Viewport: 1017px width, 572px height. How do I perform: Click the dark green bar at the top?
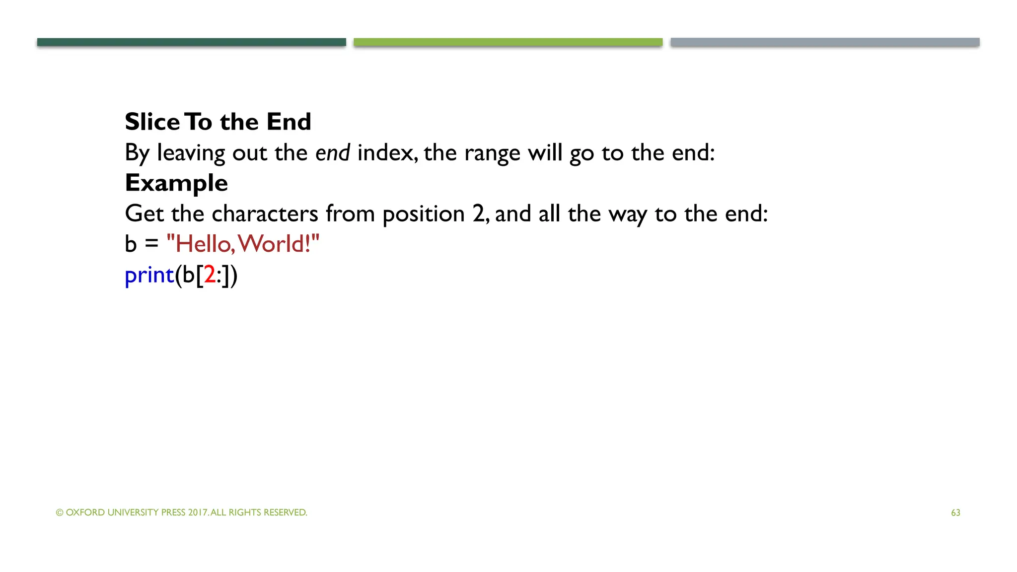tap(191, 42)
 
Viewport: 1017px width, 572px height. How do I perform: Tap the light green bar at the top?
tap(508, 42)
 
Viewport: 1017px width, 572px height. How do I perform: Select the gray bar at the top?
tap(825, 42)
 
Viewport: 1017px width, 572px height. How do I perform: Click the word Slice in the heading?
tap(152, 122)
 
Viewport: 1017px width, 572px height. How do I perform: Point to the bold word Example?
tap(176, 183)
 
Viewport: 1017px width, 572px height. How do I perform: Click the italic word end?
tap(332, 152)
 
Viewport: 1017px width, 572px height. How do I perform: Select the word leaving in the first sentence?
tap(191, 153)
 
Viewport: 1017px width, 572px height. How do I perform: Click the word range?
tap(492, 153)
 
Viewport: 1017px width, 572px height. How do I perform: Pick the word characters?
tap(265, 214)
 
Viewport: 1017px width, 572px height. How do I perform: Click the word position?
tap(424, 214)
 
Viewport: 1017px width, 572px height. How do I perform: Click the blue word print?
tap(149, 275)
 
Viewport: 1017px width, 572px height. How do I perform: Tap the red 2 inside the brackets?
tap(210, 275)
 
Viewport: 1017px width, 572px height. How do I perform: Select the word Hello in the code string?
tap(203, 244)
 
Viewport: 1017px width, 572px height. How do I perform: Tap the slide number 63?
tap(955, 513)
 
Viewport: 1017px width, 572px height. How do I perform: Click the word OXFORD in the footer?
tap(85, 512)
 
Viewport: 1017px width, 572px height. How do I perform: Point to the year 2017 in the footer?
tap(198, 512)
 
